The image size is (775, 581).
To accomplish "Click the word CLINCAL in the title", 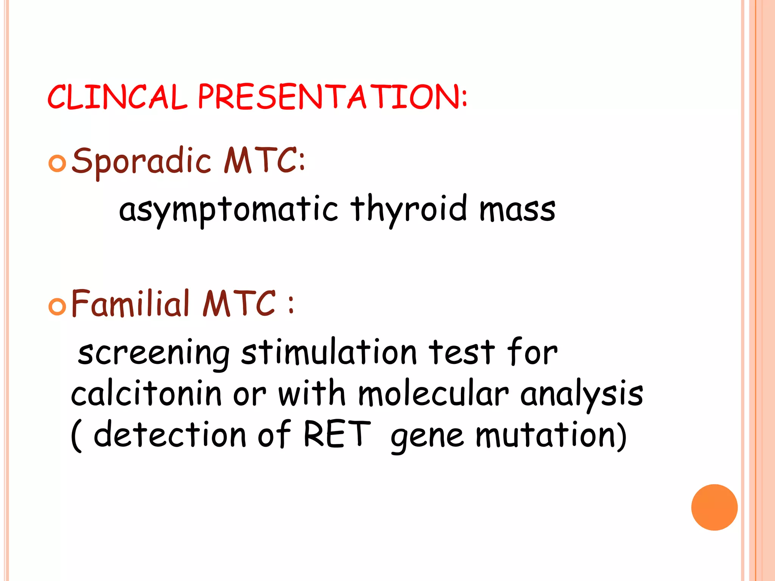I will pos(117,97).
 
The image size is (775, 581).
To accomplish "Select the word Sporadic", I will pos(141,161).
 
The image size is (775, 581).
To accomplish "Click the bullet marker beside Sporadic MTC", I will pos(58,163).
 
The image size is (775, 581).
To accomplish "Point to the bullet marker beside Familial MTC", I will pos(58,306).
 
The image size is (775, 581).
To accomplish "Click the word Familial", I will pos(130,303).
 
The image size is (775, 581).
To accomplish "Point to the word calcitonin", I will pos(146,394).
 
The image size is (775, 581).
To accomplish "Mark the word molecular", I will pos(433,394).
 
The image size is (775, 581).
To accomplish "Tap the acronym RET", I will pos(337,434).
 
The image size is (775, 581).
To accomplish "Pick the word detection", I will pos(170,434).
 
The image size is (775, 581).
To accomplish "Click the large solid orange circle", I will pos(714,507).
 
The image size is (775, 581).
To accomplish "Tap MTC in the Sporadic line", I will pos(264,161).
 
